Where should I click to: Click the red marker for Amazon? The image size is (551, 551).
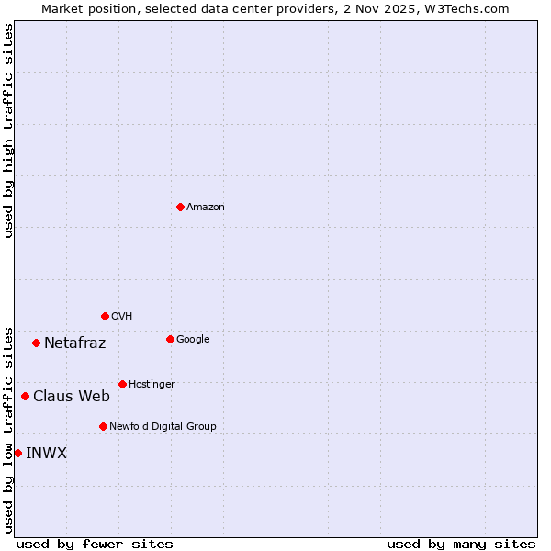click(x=180, y=207)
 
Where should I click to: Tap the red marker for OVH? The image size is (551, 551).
click(x=105, y=316)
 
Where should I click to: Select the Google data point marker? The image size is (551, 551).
click(x=170, y=339)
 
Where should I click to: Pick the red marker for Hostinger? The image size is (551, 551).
click(x=122, y=384)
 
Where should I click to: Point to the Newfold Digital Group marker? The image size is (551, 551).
click(x=103, y=426)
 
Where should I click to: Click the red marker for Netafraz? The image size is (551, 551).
click(x=36, y=343)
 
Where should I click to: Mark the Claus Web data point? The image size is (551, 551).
click(x=25, y=396)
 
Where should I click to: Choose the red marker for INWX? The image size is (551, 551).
click(x=17, y=453)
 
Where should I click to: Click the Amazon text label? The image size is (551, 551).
click(x=206, y=208)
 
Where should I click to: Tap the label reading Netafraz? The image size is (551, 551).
click(x=74, y=343)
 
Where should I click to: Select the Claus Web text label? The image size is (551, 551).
click(x=72, y=397)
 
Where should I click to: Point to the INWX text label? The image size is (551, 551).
click(x=46, y=454)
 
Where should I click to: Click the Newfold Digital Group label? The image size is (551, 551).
click(x=163, y=426)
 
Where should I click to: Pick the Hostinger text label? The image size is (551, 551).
click(x=152, y=384)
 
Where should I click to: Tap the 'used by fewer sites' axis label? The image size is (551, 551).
click(x=95, y=544)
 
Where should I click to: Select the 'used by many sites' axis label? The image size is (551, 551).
click(x=461, y=544)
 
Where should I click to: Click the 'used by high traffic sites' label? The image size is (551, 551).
click(x=8, y=130)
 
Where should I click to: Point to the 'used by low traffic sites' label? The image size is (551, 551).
click(x=8, y=429)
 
